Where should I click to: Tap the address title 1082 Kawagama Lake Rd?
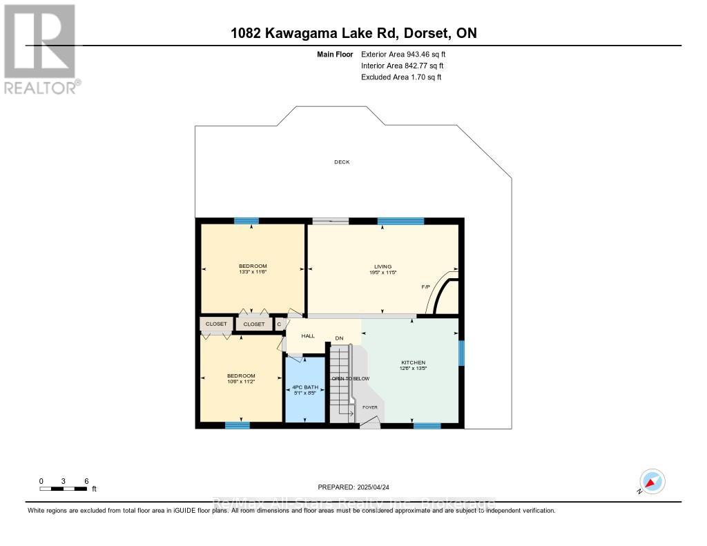[353, 33]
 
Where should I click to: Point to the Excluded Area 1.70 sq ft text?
[401, 77]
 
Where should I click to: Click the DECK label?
[342, 162]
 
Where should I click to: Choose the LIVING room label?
[382, 266]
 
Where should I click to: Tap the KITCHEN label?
[414, 362]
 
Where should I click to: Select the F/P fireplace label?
[426, 286]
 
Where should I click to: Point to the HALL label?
[308, 336]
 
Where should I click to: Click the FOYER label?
[370, 407]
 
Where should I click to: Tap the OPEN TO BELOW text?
[351, 379]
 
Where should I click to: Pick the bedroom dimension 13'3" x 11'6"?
[253, 272]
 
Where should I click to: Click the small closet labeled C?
[279, 324]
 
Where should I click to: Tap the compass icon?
[652, 481]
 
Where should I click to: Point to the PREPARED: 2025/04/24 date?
[353, 487]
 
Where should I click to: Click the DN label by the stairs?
[339, 338]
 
